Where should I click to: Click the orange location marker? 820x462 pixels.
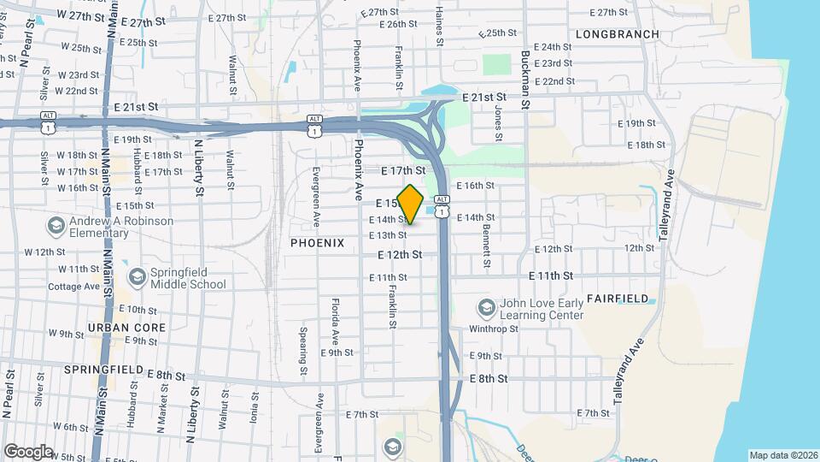click(x=411, y=204)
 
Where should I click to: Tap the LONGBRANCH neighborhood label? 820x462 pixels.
click(x=618, y=34)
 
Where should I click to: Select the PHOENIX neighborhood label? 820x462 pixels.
click(x=317, y=243)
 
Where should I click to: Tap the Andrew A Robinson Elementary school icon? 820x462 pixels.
click(x=56, y=226)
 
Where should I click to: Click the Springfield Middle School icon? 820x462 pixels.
click(x=137, y=276)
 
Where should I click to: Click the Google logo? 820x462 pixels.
click(x=28, y=451)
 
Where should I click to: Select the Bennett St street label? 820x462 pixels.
click(x=486, y=244)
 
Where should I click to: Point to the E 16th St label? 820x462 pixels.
click(x=476, y=186)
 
